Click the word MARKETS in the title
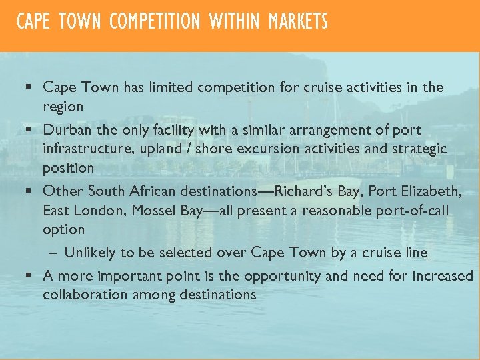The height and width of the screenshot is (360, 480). (x=298, y=22)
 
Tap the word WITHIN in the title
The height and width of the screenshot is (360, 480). (x=234, y=22)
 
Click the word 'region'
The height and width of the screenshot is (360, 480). (x=63, y=107)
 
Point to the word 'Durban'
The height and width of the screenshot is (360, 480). (x=67, y=129)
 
